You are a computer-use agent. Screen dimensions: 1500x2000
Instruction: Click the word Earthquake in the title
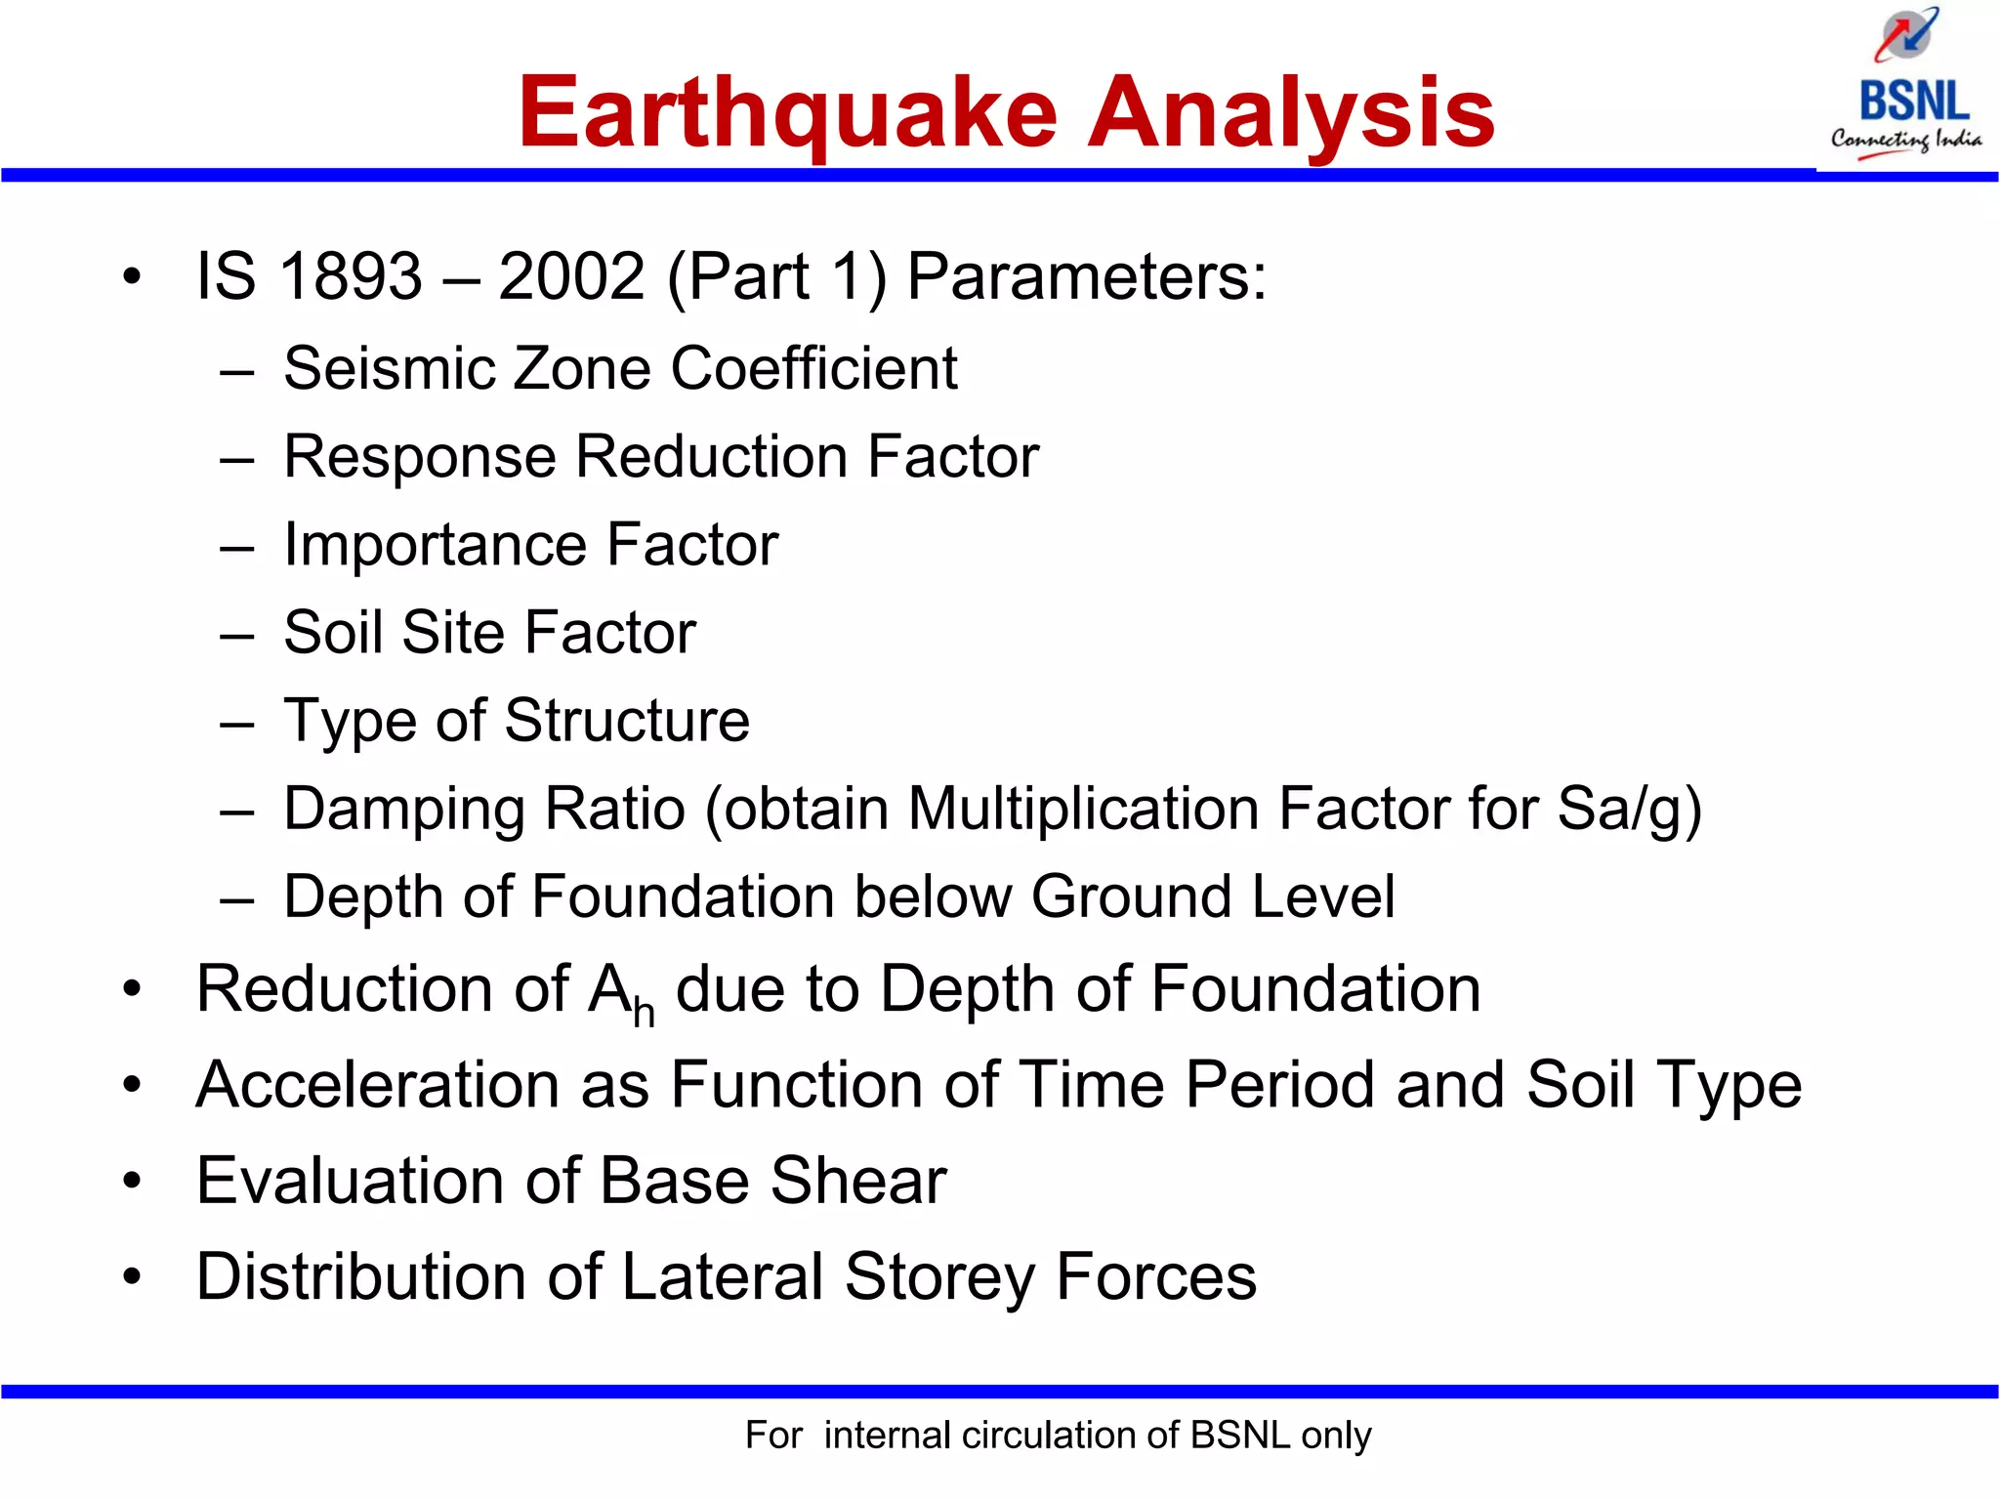click(787, 115)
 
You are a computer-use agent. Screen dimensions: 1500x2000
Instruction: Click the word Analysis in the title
click(1291, 115)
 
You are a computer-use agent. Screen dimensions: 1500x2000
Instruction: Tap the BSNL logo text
click(1913, 102)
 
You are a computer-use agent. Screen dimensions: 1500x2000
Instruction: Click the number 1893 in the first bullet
click(351, 276)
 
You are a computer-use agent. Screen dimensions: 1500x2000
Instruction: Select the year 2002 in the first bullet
click(571, 276)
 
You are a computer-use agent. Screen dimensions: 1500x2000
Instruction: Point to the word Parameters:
click(1086, 276)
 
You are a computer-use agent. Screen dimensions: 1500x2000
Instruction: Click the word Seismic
click(388, 369)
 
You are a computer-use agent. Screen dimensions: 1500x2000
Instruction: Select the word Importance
click(435, 545)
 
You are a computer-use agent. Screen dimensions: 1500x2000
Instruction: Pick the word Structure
click(627, 721)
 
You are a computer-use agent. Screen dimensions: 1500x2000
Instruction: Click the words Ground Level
click(1213, 897)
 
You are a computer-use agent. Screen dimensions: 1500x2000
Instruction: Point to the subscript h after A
click(644, 1013)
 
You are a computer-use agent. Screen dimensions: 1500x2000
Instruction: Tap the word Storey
click(938, 1276)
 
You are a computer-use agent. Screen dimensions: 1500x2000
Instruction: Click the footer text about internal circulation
click(1058, 1435)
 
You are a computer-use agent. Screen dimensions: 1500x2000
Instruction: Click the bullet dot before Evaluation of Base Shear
click(132, 1181)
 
